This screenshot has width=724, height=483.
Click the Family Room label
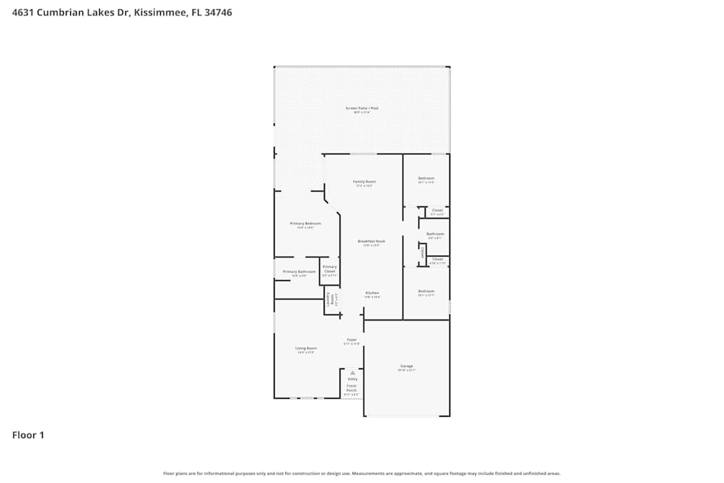[x=364, y=181]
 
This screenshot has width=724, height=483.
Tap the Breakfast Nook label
[x=371, y=241]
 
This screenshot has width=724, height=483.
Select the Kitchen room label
[x=372, y=293]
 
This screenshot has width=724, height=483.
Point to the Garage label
[x=406, y=366]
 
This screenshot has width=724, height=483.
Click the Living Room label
[x=306, y=348]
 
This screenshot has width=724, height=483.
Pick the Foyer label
[x=351, y=340]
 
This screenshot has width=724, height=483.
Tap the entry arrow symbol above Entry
[x=353, y=372]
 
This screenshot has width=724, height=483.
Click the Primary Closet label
[x=329, y=269]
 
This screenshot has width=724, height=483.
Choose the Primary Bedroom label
[x=305, y=224]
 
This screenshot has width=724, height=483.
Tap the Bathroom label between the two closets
[x=435, y=234]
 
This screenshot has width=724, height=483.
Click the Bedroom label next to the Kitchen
[x=426, y=291]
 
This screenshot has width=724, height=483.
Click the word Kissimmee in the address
[x=160, y=12]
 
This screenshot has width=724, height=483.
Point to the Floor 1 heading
[x=28, y=435]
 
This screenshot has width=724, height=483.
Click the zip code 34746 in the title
[x=217, y=12]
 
